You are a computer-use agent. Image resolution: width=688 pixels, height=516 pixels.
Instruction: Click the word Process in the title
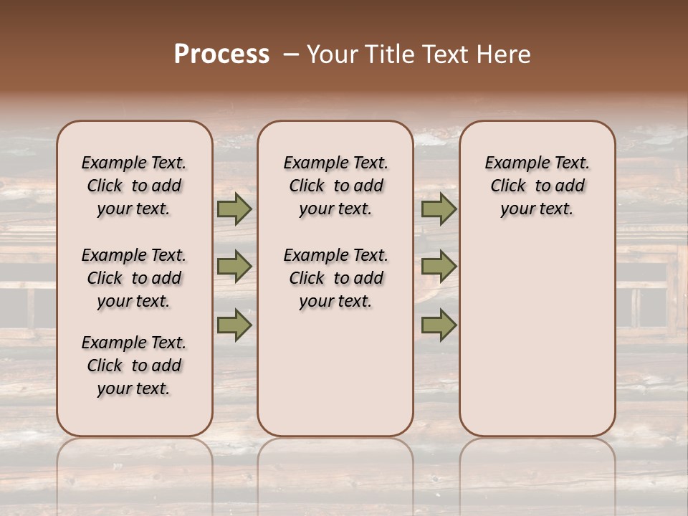pyautogui.click(x=221, y=54)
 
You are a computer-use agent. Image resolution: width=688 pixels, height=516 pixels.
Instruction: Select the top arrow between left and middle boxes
pyautogui.click(x=234, y=209)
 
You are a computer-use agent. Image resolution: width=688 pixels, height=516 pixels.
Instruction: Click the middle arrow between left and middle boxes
pyautogui.click(x=234, y=267)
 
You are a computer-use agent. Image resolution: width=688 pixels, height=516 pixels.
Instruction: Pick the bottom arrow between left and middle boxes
pyautogui.click(x=234, y=325)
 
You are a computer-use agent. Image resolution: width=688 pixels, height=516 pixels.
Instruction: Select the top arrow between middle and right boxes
pyautogui.click(x=439, y=209)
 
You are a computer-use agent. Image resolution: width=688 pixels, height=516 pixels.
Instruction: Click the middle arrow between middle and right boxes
pyautogui.click(x=439, y=267)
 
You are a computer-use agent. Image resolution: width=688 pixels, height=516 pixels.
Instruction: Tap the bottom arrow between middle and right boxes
pyautogui.click(x=439, y=325)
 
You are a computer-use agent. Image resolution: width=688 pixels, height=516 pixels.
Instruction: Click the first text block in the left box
pyautogui.click(x=134, y=186)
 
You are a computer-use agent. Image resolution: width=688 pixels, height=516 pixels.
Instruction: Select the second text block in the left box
pyautogui.click(x=134, y=278)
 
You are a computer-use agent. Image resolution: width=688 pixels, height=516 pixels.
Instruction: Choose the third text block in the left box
pyautogui.click(x=134, y=365)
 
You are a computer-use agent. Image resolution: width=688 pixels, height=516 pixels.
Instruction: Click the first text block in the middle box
pyautogui.click(x=335, y=186)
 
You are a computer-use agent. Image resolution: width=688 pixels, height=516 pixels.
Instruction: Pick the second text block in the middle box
pyautogui.click(x=335, y=278)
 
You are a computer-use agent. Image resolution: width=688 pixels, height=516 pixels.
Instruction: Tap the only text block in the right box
pyautogui.click(x=537, y=186)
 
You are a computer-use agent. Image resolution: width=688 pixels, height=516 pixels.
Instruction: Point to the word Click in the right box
pyautogui.click(x=508, y=186)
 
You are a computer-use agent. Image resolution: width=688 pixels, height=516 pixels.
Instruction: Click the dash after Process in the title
pyautogui.click(x=292, y=54)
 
